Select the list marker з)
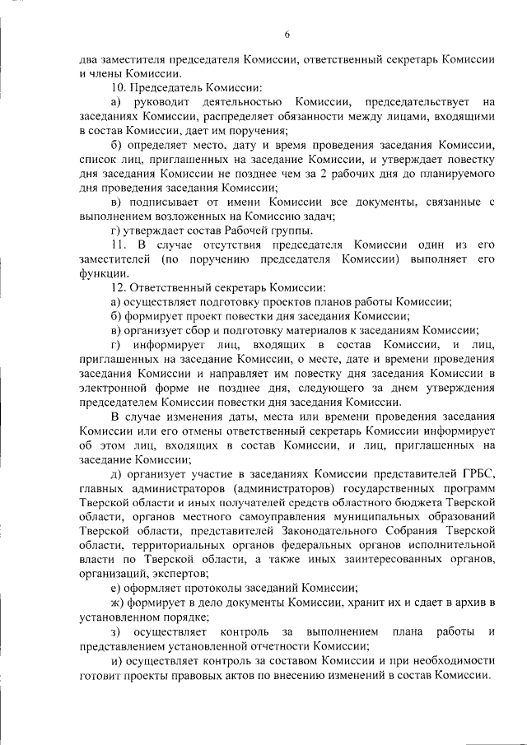coord(115,631)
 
